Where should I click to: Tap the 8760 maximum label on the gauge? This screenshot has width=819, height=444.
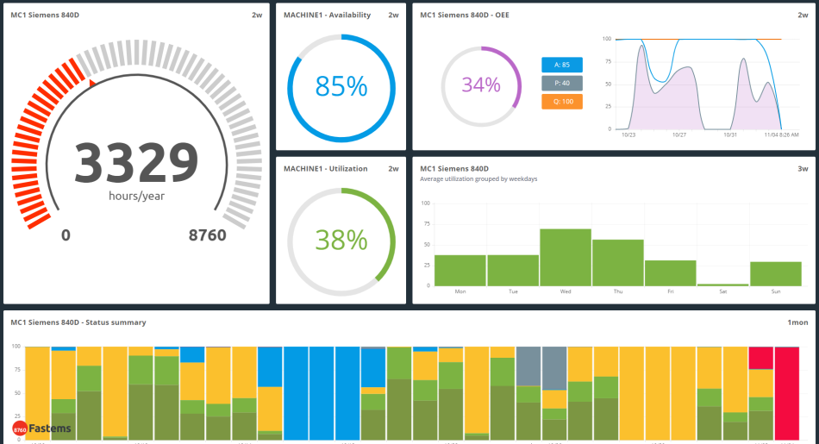click(207, 235)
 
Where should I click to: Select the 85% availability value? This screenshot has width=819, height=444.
click(341, 86)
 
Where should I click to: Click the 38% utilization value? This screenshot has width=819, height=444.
click(341, 239)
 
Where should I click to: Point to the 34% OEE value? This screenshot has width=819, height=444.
click(480, 84)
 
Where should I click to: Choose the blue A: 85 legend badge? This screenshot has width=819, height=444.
click(562, 65)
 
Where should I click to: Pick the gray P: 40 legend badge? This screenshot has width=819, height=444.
click(562, 83)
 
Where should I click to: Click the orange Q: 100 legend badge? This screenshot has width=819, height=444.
click(562, 102)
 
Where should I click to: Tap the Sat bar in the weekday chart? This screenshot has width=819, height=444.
click(722, 284)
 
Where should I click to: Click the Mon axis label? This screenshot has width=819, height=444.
click(460, 291)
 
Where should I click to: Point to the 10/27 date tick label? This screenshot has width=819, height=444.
click(679, 135)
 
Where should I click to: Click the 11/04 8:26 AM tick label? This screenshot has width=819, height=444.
click(781, 135)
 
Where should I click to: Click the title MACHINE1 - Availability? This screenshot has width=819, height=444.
click(327, 15)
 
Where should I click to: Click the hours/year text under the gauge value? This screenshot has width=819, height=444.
click(136, 196)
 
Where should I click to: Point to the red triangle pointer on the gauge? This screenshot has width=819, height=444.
click(92, 82)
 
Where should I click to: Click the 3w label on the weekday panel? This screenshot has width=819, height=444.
click(803, 168)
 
